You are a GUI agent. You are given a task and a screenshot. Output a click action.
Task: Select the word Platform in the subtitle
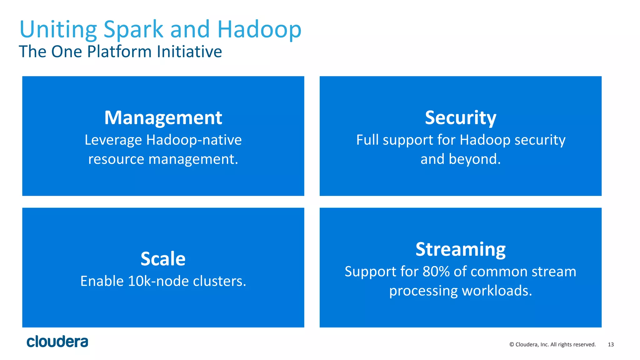(120, 52)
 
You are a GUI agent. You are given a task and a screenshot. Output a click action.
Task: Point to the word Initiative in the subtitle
(189, 52)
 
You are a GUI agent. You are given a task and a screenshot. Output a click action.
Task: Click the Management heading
(163, 118)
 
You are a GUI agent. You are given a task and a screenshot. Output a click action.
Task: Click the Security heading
(460, 118)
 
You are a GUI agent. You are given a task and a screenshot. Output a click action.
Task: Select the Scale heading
(163, 259)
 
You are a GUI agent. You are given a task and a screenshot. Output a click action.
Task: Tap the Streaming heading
(460, 249)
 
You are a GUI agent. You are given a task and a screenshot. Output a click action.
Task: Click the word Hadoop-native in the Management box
(194, 140)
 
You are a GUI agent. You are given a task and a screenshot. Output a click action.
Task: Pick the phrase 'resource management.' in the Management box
(163, 159)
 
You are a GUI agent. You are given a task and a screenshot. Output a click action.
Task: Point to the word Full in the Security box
(367, 140)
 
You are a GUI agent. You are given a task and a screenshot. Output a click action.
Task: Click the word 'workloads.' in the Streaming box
(497, 291)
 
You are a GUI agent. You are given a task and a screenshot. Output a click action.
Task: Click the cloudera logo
(57, 342)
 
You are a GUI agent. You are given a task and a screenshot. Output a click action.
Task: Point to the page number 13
(611, 345)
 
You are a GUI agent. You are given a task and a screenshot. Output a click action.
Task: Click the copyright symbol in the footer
(512, 345)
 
